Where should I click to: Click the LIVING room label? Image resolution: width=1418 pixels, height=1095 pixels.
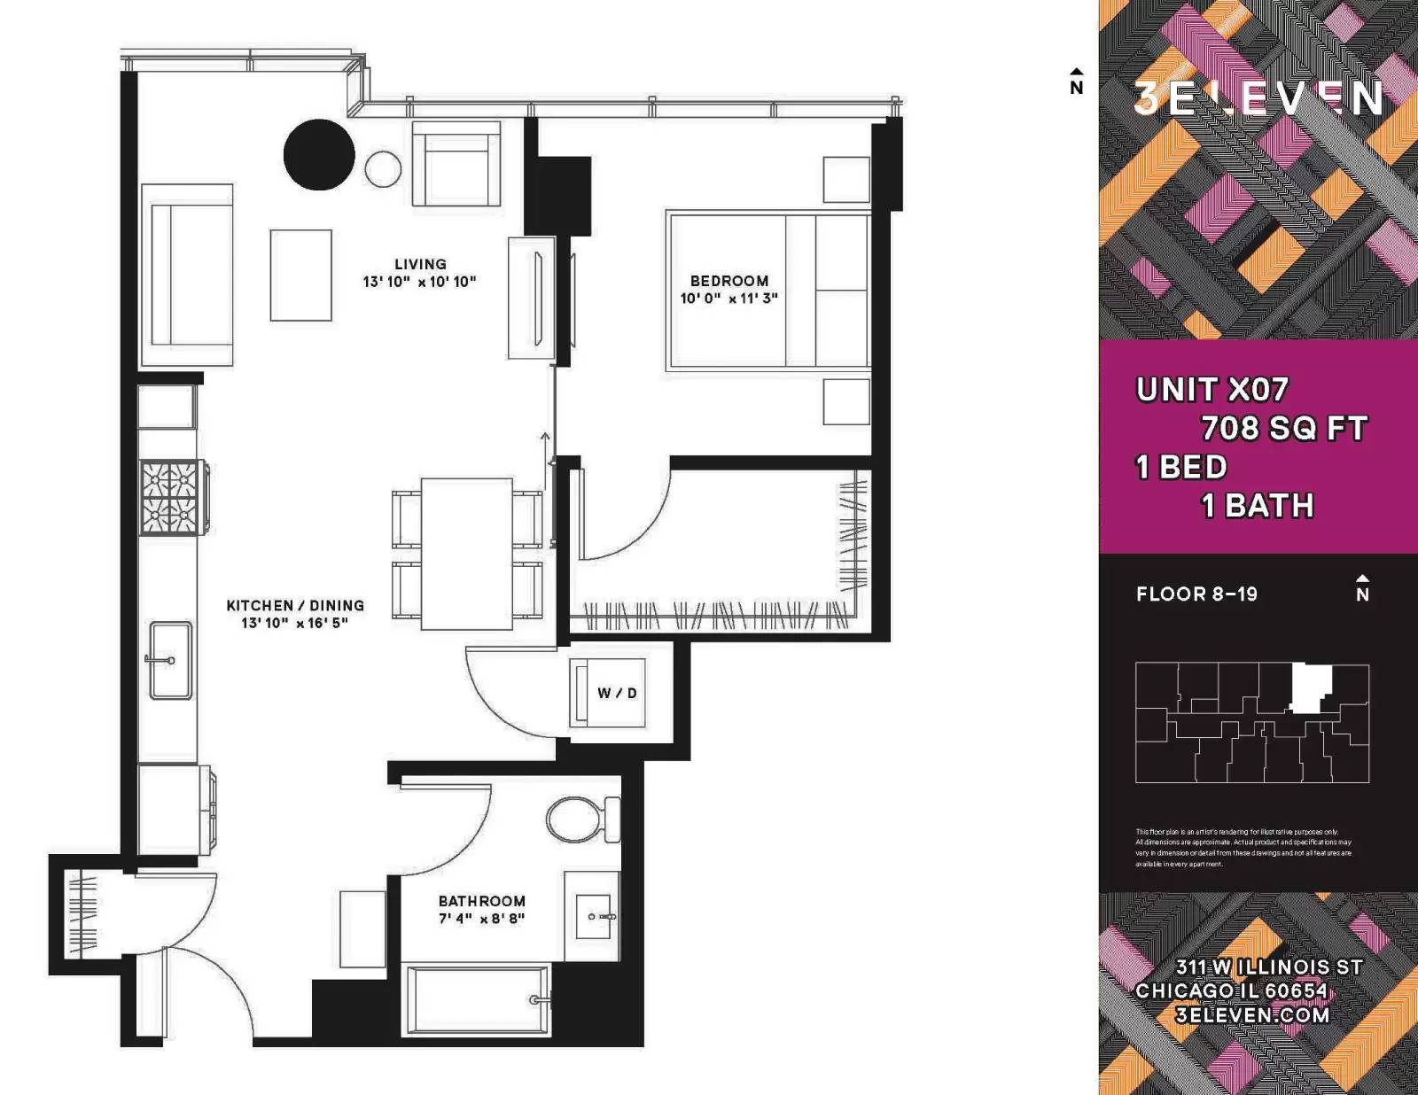pyautogui.click(x=420, y=264)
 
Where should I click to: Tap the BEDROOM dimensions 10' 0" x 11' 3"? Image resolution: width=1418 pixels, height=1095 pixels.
pyautogui.click(x=728, y=299)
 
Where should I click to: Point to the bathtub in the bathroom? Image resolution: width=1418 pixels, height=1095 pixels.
pyautogui.click(x=477, y=999)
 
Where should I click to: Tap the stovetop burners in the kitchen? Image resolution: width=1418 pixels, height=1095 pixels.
pyautogui.click(x=169, y=498)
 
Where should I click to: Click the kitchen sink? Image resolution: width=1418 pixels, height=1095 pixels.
pyautogui.click(x=170, y=660)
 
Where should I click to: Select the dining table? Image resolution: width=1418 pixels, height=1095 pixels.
pyautogui.click(x=466, y=554)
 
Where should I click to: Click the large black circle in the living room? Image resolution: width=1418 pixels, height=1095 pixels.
pyautogui.click(x=319, y=155)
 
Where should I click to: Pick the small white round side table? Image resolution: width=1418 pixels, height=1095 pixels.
pyautogui.click(x=383, y=169)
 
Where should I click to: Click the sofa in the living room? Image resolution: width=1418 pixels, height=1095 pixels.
pyautogui.click(x=188, y=275)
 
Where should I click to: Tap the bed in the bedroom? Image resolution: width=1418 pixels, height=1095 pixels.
pyautogui.click(x=767, y=291)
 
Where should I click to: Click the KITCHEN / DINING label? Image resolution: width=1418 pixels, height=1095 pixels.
pyautogui.click(x=295, y=605)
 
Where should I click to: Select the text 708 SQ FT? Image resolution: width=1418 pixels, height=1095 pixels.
pyautogui.click(x=1283, y=429)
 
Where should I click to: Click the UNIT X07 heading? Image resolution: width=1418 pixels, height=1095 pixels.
pyautogui.click(x=1212, y=390)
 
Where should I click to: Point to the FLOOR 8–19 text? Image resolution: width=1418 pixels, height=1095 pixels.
pyautogui.click(x=1196, y=594)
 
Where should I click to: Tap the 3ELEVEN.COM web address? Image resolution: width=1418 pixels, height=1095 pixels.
pyautogui.click(x=1252, y=1015)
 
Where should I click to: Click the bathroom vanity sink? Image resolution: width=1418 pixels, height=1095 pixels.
pyautogui.click(x=594, y=916)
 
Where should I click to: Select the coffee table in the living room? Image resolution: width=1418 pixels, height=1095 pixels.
pyautogui.click(x=301, y=275)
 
